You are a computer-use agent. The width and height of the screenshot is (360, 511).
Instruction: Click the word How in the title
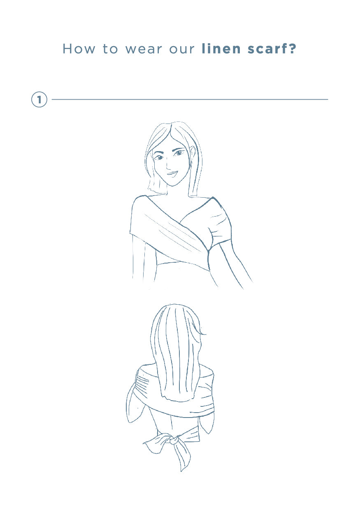pyautogui.click(x=79, y=49)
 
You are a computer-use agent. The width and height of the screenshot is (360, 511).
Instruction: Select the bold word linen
pyautogui.click(x=221, y=49)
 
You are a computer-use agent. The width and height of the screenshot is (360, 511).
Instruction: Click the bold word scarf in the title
pyautogui.click(x=267, y=49)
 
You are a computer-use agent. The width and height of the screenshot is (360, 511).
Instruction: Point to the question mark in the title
pyautogui.click(x=292, y=49)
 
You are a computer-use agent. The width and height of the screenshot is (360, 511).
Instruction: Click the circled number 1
pyautogui.click(x=39, y=100)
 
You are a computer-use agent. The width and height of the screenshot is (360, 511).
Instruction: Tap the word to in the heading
pyautogui.click(x=110, y=49)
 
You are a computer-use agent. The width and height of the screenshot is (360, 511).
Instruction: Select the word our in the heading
pyautogui.click(x=182, y=50)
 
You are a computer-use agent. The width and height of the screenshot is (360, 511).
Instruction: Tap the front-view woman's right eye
pyautogui.click(x=158, y=157)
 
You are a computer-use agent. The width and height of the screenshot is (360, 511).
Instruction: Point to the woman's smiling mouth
pyautogui.click(x=172, y=174)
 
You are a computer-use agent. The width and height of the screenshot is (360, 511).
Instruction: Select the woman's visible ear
pyautogui.click(x=192, y=153)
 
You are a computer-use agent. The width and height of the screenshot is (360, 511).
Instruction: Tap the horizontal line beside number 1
pyautogui.click(x=190, y=100)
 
